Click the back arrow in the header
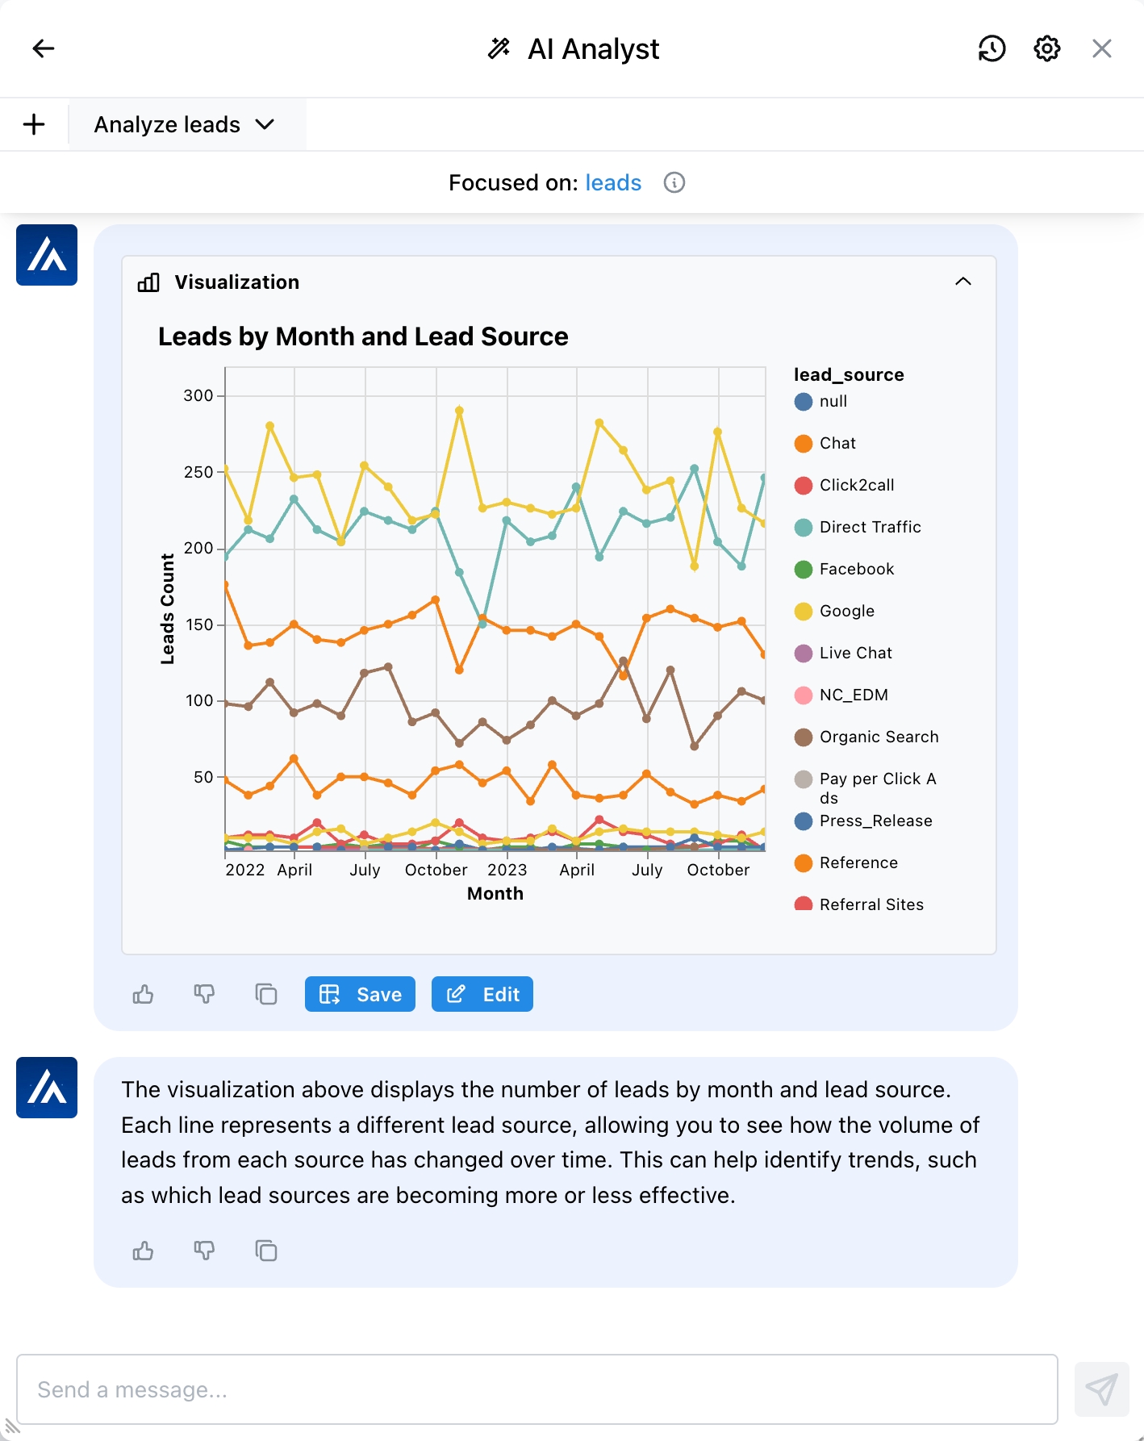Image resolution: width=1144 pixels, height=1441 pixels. [44, 48]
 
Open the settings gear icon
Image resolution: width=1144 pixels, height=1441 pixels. [1046, 48]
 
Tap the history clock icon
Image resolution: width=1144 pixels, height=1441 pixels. [992, 48]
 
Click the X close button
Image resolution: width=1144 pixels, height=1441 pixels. [1101, 48]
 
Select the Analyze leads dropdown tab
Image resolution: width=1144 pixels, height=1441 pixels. [185, 125]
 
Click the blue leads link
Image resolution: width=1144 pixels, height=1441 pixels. [613, 183]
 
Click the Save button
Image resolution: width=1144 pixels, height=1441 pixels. [360, 994]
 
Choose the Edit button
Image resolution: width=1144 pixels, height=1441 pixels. [482, 994]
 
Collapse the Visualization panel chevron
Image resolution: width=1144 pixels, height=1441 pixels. [962, 282]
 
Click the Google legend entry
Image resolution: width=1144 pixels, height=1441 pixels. [846, 612]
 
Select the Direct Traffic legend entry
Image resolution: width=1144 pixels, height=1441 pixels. [870, 528]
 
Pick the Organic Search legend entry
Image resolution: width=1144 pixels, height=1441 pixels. [879, 737]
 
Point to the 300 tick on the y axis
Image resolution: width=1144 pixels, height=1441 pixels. [198, 396]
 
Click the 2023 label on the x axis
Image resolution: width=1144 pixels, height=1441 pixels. [507, 871]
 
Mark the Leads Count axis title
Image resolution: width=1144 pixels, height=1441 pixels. [167, 609]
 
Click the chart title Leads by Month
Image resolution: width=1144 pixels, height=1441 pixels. [363, 336]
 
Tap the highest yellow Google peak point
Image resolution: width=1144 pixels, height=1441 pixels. [459, 411]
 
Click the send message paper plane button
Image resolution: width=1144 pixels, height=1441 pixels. [1101, 1389]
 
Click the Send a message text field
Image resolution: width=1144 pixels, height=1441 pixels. [537, 1389]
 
